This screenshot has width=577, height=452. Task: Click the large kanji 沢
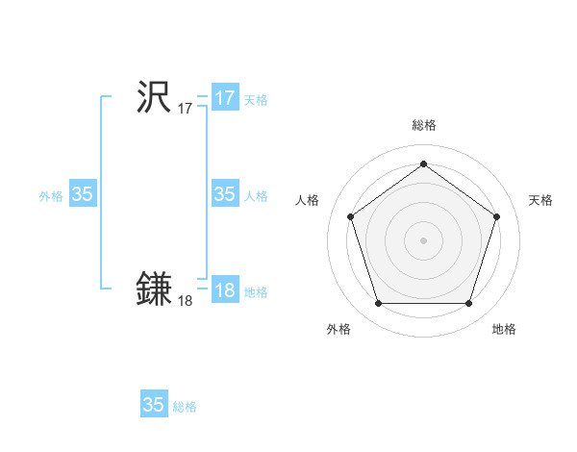[x=154, y=97]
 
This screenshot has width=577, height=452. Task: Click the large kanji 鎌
[x=154, y=289]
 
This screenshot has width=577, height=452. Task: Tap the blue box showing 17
[x=225, y=98]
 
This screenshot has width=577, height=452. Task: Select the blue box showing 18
[x=225, y=290]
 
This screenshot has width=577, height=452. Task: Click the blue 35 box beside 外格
[x=83, y=194]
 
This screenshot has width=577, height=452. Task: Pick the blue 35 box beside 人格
[x=225, y=194]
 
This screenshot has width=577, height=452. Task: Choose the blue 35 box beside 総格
[x=154, y=405]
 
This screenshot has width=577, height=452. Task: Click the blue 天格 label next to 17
[x=256, y=100]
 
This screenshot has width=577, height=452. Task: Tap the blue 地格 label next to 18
[x=256, y=292]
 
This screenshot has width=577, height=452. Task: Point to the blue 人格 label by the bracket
[x=256, y=196]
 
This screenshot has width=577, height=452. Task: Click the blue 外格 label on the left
[x=51, y=196]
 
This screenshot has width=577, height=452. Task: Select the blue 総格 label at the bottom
[x=185, y=407]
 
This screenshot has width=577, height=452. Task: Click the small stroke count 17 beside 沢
[x=185, y=109]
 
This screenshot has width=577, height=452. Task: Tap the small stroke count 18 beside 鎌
[x=185, y=301]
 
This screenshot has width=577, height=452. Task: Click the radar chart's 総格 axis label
[x=423, y=125]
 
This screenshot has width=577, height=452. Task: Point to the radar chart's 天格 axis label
[x=540, y=200]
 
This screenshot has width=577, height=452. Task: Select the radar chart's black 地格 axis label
[x=504, y=329]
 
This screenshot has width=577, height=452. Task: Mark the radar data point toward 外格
[x=378, y=304]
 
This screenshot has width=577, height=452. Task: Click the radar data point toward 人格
[x=350, y=216]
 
